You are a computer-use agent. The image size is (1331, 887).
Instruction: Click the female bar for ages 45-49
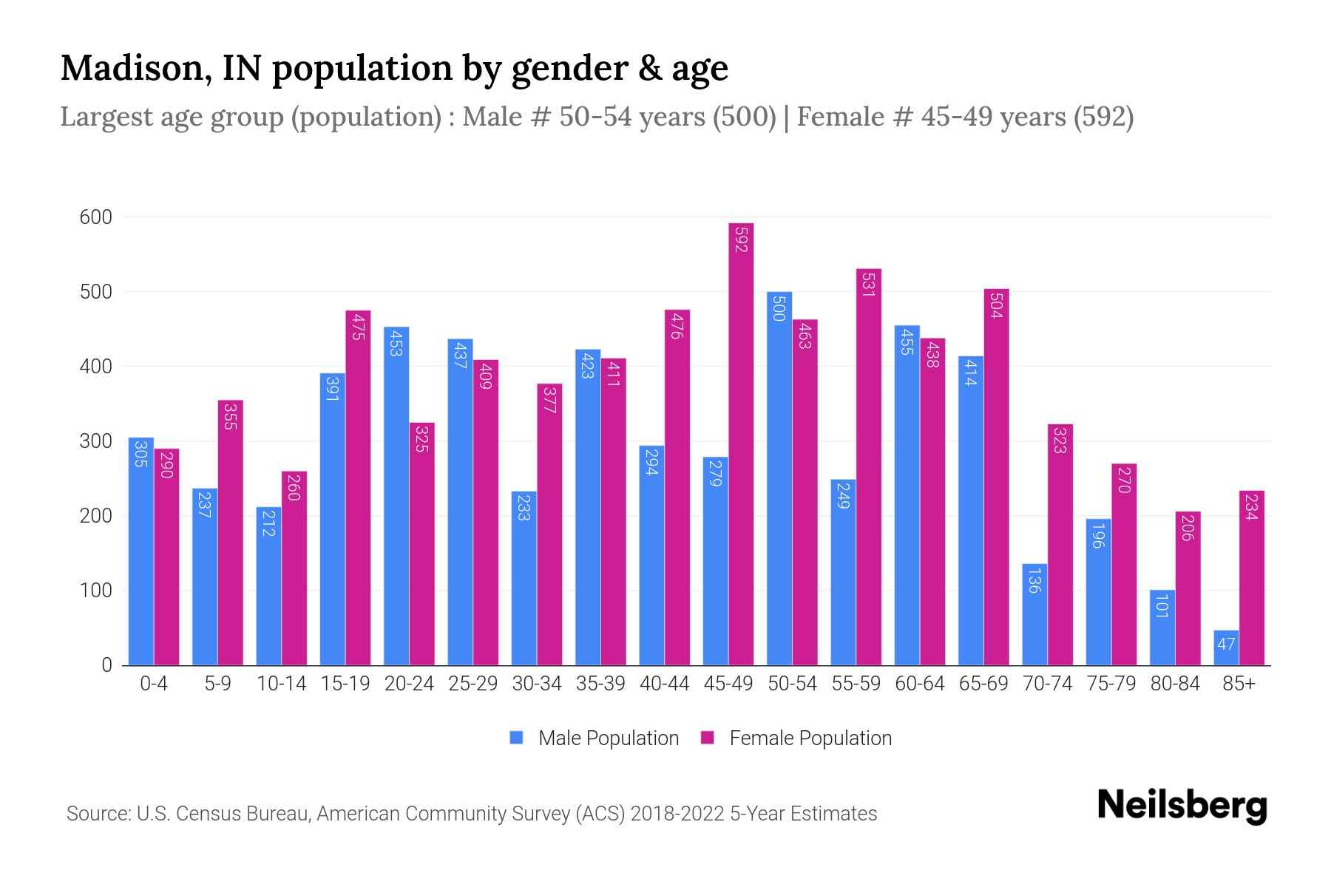coord(741,443)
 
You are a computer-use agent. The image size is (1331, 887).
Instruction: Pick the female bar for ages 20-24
coord(421,544)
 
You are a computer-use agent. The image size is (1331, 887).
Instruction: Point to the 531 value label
coord(869,284)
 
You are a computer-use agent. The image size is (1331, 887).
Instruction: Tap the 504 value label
coord(996,305)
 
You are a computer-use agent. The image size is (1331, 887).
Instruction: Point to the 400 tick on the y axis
coord(96,367)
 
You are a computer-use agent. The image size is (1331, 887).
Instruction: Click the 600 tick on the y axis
coord(96,217)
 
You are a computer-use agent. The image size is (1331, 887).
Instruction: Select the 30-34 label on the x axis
coord(537,684)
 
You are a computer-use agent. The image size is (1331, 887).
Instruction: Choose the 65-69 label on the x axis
coord(983,684)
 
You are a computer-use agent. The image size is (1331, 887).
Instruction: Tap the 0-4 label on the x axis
coord(154,684)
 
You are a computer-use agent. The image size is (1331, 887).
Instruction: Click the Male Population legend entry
coord(608,738)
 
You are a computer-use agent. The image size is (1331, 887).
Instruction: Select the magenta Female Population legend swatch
coord(708,738)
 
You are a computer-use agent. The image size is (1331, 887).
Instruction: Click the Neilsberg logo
coord(1182,806)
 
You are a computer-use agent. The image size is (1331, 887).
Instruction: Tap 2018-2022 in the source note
coord(677,814)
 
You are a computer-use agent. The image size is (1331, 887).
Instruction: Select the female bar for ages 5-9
coord(230,532)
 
